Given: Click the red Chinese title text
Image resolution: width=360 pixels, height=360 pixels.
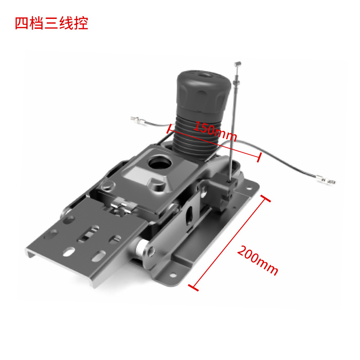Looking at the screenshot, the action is (51, 23).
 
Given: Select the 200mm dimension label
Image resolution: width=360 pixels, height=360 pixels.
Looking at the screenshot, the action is (257, 261).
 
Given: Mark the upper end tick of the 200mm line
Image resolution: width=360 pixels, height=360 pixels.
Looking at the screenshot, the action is (265, 198).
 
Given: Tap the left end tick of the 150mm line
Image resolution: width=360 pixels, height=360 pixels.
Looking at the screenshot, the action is (170, 129).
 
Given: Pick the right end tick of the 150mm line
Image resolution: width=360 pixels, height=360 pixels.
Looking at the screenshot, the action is (259, 158).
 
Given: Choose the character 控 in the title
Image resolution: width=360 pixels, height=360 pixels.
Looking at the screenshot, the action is (81, 23).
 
